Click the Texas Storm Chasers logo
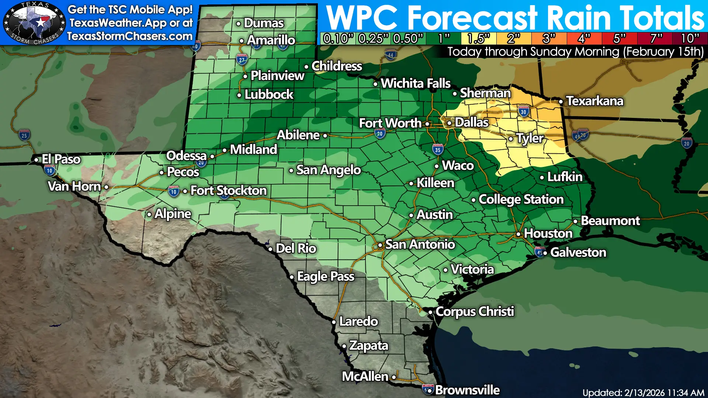[x=34, y=23]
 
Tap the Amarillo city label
[x=271, y=40]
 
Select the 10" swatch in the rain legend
[x=690, y=38]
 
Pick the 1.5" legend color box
[x=478, y=38]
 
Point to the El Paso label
[x=61, y=159]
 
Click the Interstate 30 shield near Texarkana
[x=524, y=111]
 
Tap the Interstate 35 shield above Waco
[x=438, y=150]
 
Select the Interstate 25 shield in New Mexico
[x=24, y=135]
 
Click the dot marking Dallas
[x=450, y=123]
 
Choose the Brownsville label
[x=467, y=390]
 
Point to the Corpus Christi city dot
[x=430, y=313]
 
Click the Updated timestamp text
[x=643, y=392]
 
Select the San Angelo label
[x=328, y=170]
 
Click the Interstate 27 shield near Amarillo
[x=242, y=60]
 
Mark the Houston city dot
[x=518, y=234]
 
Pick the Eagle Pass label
[x=326, y=276]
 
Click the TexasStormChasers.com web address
[x=130, y=36]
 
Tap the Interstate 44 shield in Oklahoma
[x=391, y=55]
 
